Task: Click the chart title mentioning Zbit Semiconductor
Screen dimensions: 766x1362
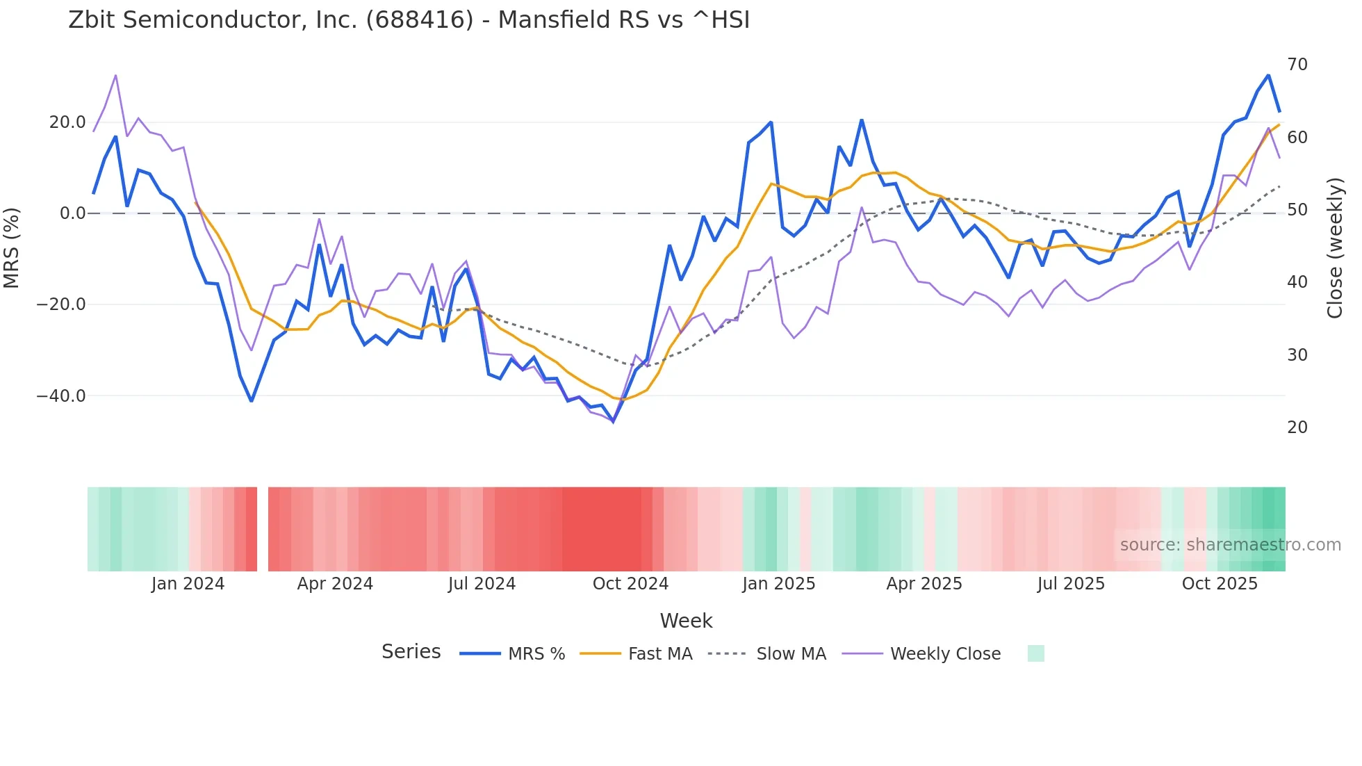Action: point(409,20)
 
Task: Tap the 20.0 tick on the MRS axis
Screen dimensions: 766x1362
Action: point(67,122)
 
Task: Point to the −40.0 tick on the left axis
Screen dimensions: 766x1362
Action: point(61,396)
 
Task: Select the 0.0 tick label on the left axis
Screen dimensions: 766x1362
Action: point(73,213)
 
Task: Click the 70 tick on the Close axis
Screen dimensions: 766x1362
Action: point(1297,65)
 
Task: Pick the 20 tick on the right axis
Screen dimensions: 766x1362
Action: point(1297,427)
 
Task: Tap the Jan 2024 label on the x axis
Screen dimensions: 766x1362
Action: point(188,584)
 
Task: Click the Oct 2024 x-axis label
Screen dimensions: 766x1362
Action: point(630,584)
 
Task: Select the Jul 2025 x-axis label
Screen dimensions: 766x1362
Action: point(1071,584)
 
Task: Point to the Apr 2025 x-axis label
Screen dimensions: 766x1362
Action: point(924,584)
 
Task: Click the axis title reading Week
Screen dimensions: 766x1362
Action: point(686,621)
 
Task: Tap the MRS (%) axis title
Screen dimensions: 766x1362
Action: point(12,247)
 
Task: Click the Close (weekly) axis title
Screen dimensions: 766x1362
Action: point(1335,248)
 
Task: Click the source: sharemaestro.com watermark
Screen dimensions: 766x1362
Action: point(1230,545)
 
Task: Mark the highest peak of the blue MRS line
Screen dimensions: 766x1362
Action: point(1268,75)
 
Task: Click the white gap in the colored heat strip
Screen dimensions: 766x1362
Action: point(263,529)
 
